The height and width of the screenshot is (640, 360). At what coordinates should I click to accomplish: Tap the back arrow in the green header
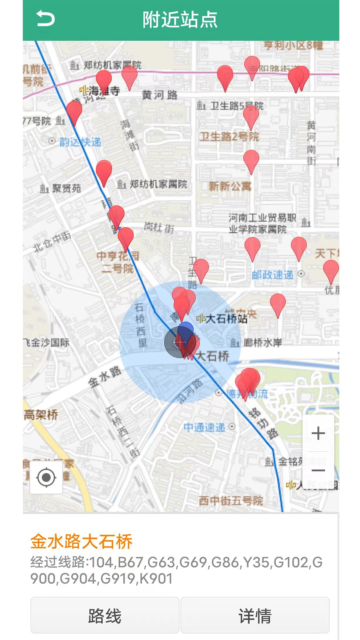coord(46,19)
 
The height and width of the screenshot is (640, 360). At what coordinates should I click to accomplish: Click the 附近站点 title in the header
coord(180,19)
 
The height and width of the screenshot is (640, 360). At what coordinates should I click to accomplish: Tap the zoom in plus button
coord(318,433)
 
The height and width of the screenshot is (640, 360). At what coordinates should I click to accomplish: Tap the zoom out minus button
coord(318,470)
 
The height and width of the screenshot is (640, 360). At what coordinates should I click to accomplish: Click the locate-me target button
coord(46,477)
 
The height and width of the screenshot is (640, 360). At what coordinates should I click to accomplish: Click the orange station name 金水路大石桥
coord(81,541)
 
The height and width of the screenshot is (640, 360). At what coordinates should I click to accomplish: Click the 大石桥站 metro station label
coord(226,319)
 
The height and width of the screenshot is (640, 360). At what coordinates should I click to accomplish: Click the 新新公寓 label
coord(230,186)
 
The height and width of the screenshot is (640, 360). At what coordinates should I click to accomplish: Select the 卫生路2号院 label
coord(229,137)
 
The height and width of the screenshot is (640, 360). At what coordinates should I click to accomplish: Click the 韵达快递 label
coord(80,142)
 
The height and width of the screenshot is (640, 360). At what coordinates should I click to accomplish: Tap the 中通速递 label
coord(204,427)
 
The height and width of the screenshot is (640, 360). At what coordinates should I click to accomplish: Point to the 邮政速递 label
coord(273,275)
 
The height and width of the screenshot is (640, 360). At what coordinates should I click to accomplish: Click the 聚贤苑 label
coord(66,189)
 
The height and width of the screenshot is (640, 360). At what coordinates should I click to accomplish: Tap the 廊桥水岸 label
coord(262,343)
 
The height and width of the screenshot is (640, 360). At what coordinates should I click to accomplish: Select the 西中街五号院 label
coord(231,500)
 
